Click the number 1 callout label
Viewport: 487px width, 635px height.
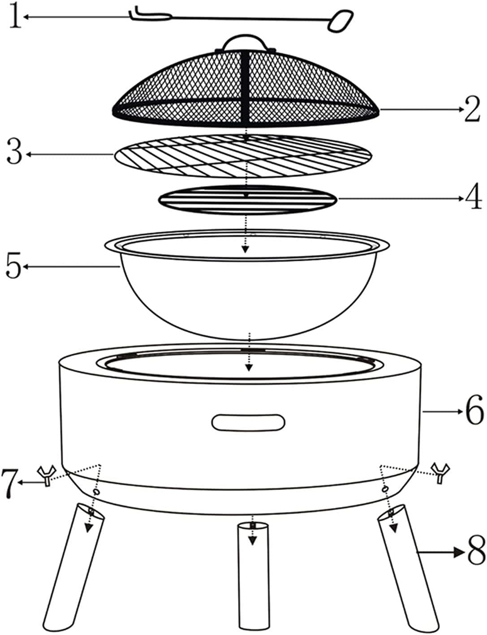pyautogui.click(x=16, y=17)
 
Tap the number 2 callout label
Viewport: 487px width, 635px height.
pyautogui.click(x=472, y=109)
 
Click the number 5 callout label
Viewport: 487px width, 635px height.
pyautogui.click(x=14, y=266)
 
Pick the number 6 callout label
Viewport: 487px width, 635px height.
pyautogui.click(x=474, y=410)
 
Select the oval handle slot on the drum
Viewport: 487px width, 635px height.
pyautogui.click(x=248, y=422)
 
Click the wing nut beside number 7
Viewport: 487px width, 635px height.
pyautogui.click(x=45, y=476)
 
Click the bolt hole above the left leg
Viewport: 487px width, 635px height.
pyautogui.click(x=96, y=492)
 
